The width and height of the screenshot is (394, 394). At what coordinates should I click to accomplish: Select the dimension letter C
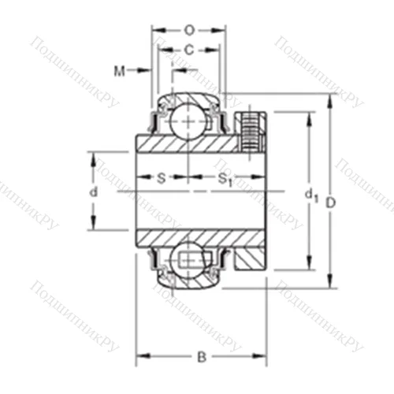point(188,50)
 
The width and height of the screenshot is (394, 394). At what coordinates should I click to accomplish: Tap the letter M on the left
point(119,72)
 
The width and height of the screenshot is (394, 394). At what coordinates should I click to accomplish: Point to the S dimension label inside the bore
point(161,178)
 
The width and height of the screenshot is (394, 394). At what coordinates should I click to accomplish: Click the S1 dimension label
point(225,180)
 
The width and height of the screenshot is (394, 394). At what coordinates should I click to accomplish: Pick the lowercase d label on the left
point(93,191)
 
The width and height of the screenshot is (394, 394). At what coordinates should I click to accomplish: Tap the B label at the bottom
point(201,357)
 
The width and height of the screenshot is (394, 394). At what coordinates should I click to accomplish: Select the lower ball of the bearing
point(189,260)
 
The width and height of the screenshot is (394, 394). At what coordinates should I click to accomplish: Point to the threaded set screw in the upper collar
point(252,130)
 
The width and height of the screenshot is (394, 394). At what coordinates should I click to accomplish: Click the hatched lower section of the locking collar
point(252,255)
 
